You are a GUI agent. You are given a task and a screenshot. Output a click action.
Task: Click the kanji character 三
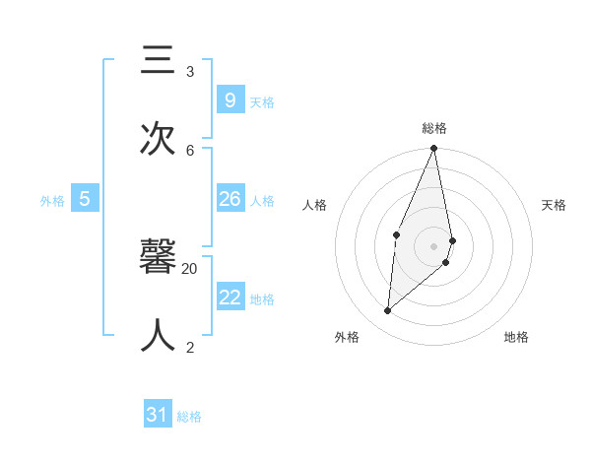(158, 63)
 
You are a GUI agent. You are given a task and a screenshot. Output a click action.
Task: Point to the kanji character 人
(158, 338)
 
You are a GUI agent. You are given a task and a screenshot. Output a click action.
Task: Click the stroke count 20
(190, 268)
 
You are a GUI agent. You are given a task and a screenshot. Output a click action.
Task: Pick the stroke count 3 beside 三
(190, 71)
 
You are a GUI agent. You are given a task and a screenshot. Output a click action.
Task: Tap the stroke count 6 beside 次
(190, 150)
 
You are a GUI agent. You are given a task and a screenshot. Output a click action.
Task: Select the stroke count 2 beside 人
(190, 347)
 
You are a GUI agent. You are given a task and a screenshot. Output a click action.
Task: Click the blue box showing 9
(230, 99)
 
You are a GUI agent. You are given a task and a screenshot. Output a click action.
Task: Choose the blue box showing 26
(230, 199)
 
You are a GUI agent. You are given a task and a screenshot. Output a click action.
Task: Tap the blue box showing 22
(230, 298)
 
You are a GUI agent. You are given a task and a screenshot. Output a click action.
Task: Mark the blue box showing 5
(85, 199)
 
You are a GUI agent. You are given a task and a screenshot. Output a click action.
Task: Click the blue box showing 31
(158, 415)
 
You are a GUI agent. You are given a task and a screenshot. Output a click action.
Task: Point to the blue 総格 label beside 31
(189, 417)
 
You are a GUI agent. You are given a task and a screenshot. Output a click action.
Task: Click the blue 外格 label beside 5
(52, 201)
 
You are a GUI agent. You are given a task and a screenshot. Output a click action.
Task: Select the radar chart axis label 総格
(434, 128)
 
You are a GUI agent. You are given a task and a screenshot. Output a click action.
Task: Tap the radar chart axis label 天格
(554, 205)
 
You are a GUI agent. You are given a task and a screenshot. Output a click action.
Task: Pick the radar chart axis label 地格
(516, 337)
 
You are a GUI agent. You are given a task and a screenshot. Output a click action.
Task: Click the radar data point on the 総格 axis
(433, 149)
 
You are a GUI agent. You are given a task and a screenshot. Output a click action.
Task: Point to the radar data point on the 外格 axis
(387, 311)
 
